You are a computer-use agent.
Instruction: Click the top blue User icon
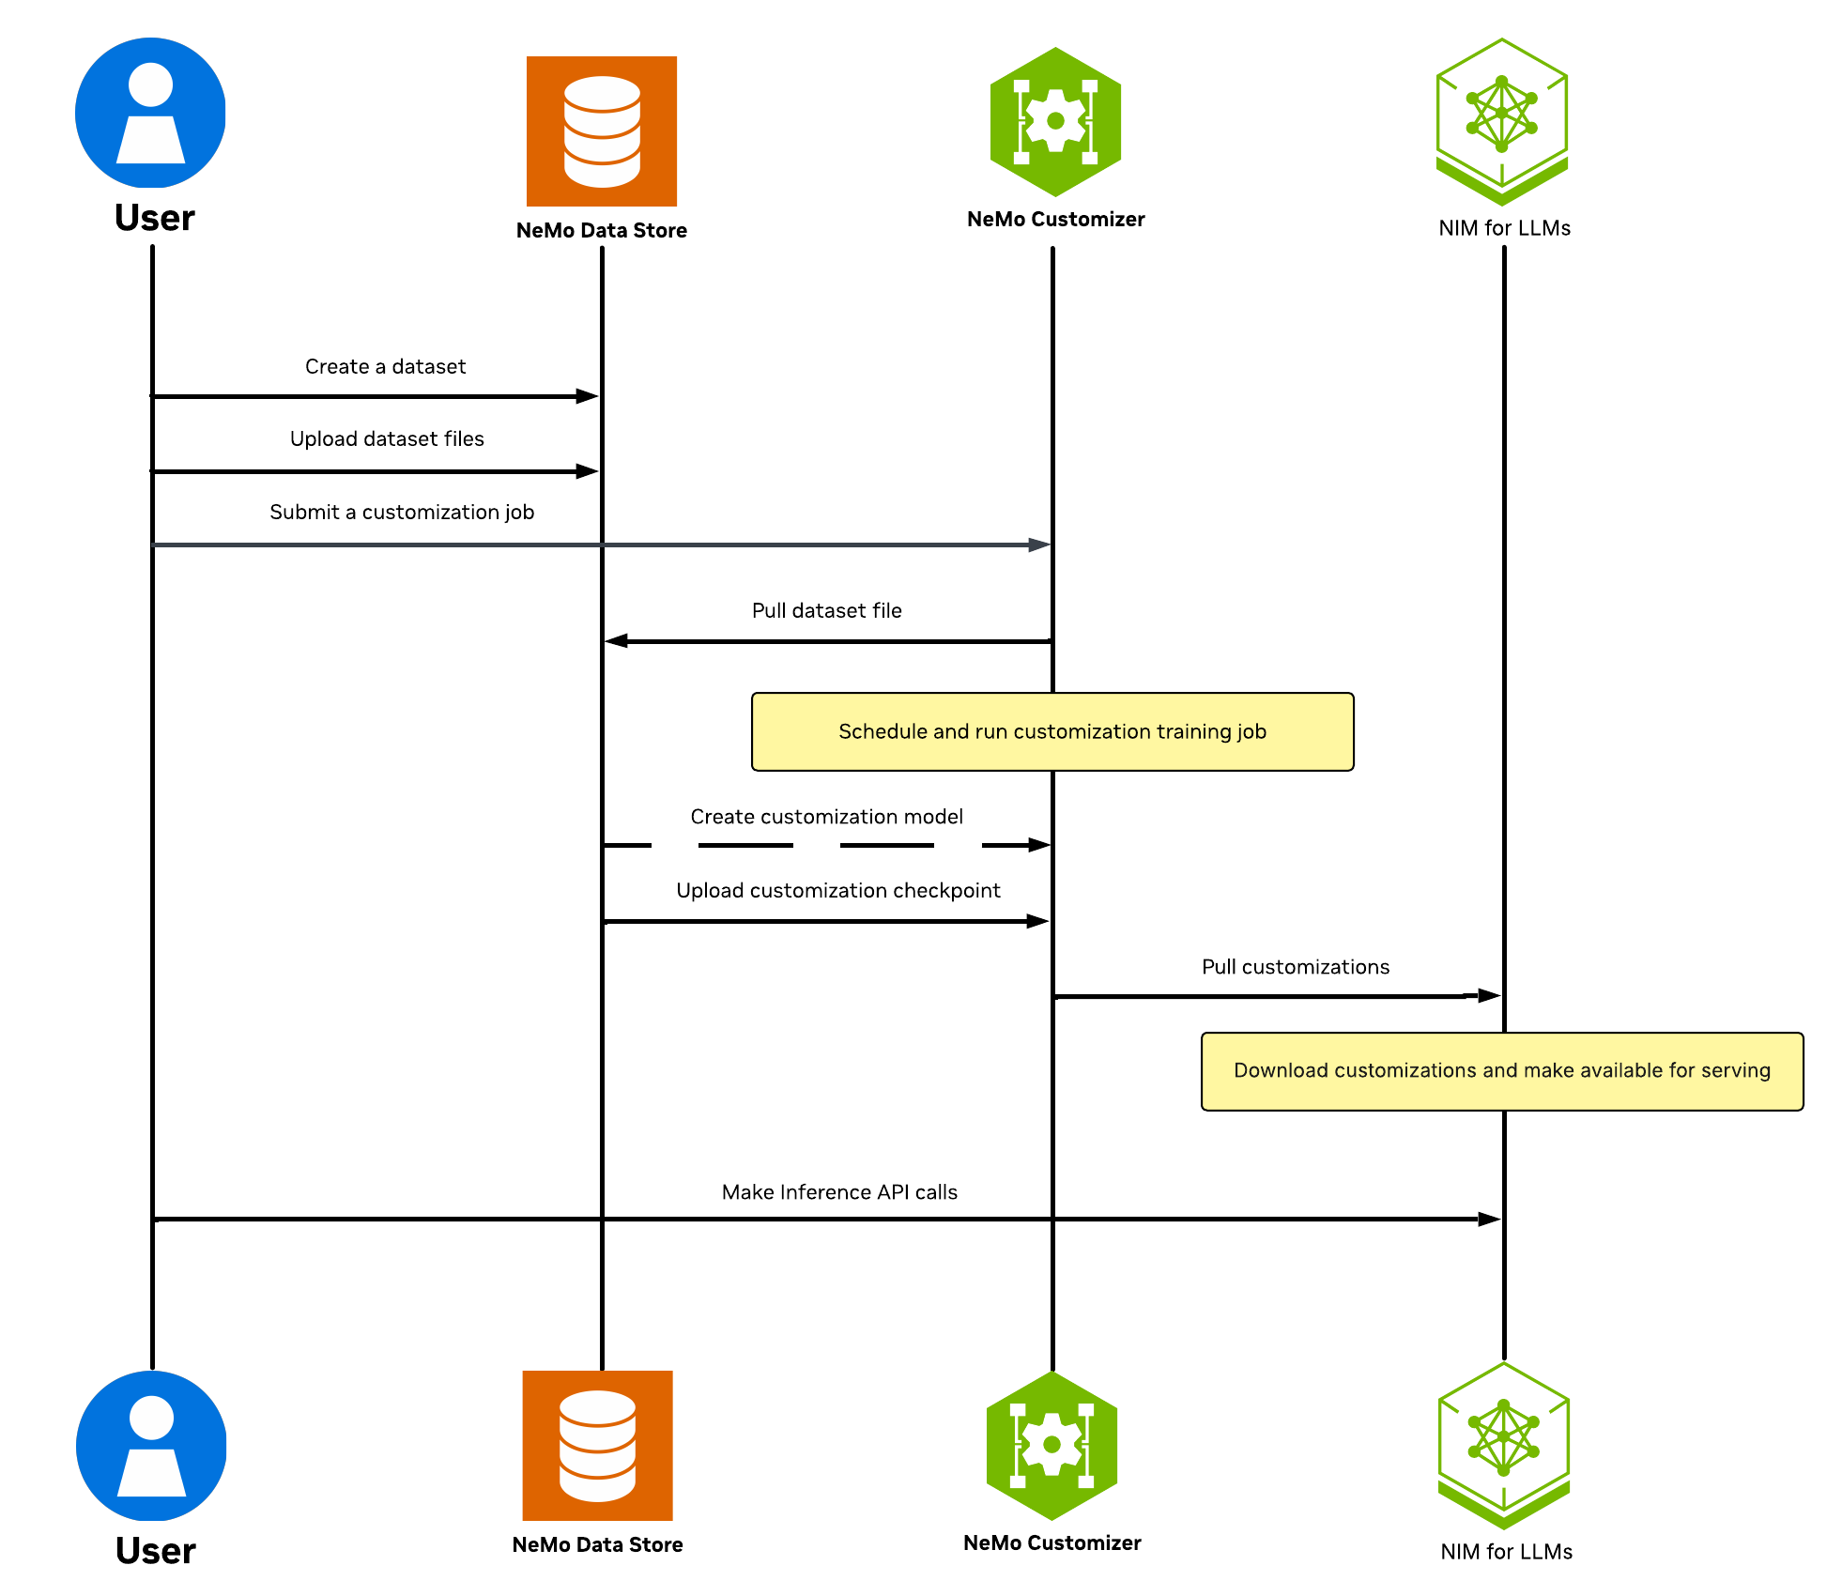click(150, 113)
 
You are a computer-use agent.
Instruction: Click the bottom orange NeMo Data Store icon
click(597, 1445)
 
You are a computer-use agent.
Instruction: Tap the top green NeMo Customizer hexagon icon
click(1055, 121)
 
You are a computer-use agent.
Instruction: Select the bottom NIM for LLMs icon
click(1503, 1445)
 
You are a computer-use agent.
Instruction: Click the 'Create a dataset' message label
click(385, 366)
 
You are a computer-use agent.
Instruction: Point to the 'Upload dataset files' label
click(387, 438)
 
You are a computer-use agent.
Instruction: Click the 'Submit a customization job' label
click(402, 512)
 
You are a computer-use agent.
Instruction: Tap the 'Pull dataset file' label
click(826, 610)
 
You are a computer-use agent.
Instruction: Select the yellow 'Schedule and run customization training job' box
click(1051, 731)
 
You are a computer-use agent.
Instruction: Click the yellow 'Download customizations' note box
click(1501, 1070)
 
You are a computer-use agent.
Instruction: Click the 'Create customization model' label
click(826, 817)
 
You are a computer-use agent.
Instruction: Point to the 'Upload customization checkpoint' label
click(837, 890)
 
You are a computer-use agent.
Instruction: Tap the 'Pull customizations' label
click(1295, 967)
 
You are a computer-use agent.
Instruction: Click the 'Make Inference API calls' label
click(839, 1192)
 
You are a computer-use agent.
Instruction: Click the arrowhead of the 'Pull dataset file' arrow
click(616, 641)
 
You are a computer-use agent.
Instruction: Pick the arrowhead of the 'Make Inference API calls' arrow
click(1489, 1219)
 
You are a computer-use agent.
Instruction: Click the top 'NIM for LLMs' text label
click(1504, 228)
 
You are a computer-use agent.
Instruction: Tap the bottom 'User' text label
click(155, 1550)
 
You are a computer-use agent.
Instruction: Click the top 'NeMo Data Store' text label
click(601, 230)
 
